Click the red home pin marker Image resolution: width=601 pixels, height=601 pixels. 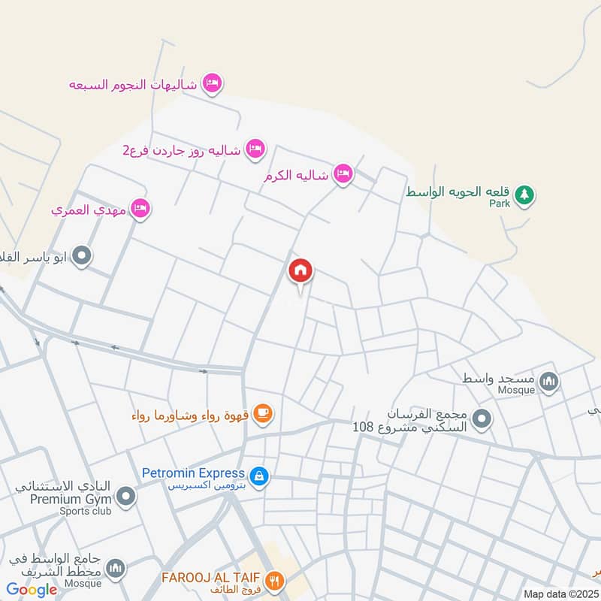[x=300, y=271]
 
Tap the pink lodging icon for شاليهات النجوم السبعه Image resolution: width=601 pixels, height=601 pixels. [x=213, y=84]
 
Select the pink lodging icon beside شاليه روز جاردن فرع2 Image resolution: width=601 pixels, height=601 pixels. [x=255, y=148]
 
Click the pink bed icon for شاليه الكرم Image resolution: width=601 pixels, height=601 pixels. [x=343, y=174]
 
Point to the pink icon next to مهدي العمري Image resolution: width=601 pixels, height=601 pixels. [x=140, y=209]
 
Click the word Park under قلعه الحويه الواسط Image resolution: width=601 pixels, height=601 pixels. [x=500, y=204]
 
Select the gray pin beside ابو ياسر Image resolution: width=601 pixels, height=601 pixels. [x=84, y=257]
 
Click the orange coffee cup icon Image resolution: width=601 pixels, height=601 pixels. [x=262, y=412]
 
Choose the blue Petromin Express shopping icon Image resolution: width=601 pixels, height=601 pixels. [x=259, y=476]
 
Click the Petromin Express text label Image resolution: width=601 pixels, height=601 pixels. [x=193, y=473]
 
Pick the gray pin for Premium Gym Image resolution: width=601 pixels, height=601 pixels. [x=126, y=496]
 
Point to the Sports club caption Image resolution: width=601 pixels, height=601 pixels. [x=86, y=512]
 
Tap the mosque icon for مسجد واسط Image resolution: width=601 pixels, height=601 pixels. [x=550, y=382]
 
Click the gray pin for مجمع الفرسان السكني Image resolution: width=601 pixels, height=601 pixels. [x=482, y=418]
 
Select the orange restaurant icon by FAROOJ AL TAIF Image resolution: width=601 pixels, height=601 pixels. [x=276, y=579]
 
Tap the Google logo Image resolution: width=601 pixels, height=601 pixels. [x=32, y=590]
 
